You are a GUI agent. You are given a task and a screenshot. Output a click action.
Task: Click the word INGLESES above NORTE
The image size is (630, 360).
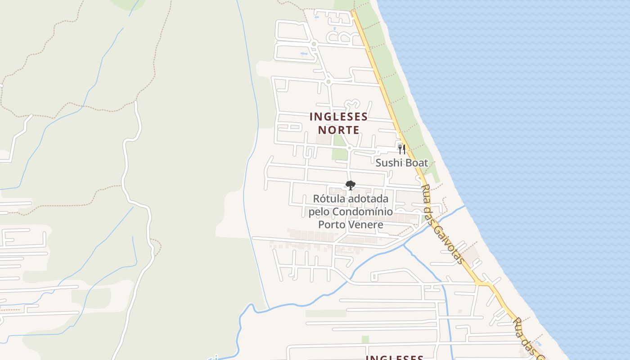point(338,117)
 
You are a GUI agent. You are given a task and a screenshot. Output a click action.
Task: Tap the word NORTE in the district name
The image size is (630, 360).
point(338,130)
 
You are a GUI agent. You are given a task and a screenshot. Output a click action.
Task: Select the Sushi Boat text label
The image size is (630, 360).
point(401,163)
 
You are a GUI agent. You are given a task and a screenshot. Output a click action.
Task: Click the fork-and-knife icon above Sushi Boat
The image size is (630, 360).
point(402,149)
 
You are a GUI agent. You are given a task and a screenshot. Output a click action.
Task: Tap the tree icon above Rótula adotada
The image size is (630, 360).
point(350,185)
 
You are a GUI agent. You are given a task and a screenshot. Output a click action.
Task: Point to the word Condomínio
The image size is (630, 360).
point(364,211)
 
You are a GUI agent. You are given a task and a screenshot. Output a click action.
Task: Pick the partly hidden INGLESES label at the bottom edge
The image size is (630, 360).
point(394,357)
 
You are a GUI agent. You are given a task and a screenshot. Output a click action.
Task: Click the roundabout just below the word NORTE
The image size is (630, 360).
point(349,148)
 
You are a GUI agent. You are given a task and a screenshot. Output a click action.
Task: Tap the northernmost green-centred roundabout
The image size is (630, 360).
point(314,44)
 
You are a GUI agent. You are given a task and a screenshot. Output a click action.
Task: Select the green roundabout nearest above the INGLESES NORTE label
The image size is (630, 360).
point(328,82)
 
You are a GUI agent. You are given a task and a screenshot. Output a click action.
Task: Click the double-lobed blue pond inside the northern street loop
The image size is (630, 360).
point(304,54)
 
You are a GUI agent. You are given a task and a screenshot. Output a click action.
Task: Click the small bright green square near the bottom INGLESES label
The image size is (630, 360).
point(365,339)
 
